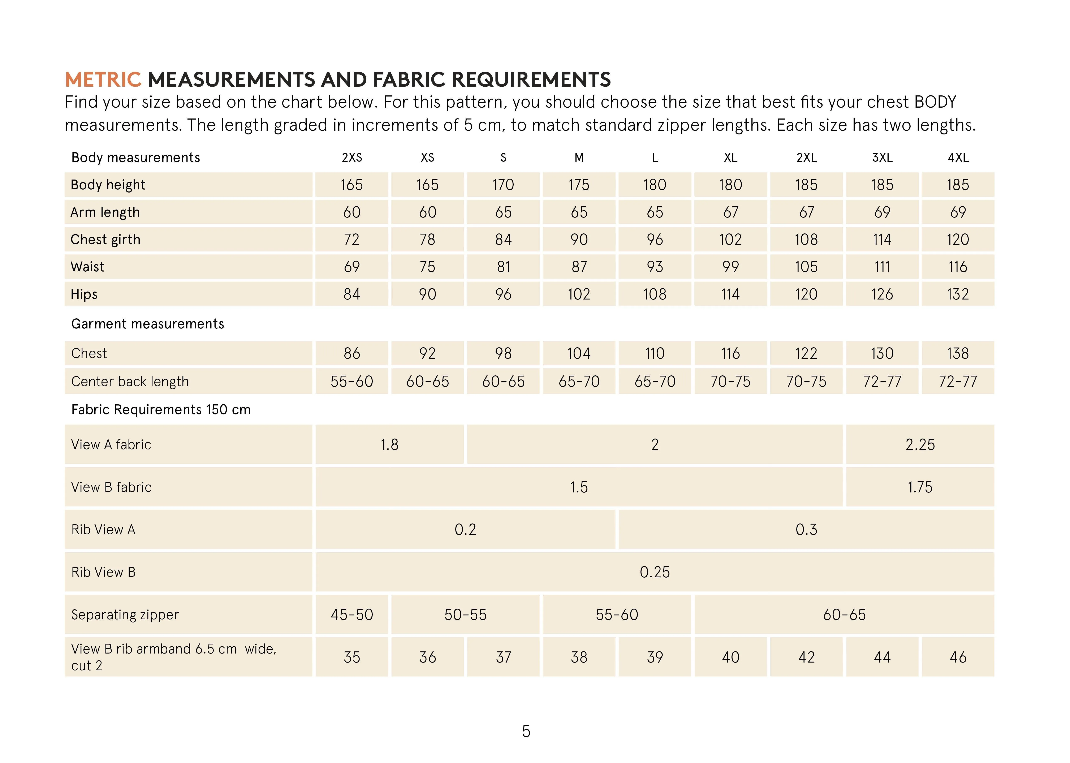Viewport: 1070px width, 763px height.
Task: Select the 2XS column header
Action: [352, 158]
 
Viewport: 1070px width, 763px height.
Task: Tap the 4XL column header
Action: [958, 158]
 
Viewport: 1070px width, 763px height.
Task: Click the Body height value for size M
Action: [579, 185]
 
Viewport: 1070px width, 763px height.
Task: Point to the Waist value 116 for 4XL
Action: [958, 267]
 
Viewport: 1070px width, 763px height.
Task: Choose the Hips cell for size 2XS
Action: [352, 294]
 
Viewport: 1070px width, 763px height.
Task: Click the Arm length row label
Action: [105, 212]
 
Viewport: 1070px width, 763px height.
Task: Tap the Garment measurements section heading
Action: [147, 324]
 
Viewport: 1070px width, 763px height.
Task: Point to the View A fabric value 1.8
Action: [389, 444]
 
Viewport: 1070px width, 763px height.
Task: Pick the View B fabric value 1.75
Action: [920, 487]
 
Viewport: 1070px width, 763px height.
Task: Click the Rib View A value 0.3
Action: [806, 530]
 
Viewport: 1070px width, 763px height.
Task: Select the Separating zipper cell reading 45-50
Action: [352, 615]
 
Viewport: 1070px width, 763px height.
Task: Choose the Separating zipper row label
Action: [125, 615]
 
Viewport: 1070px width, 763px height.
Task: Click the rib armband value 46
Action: [958, 657]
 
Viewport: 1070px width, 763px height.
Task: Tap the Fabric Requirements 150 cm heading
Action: [161, 410]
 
